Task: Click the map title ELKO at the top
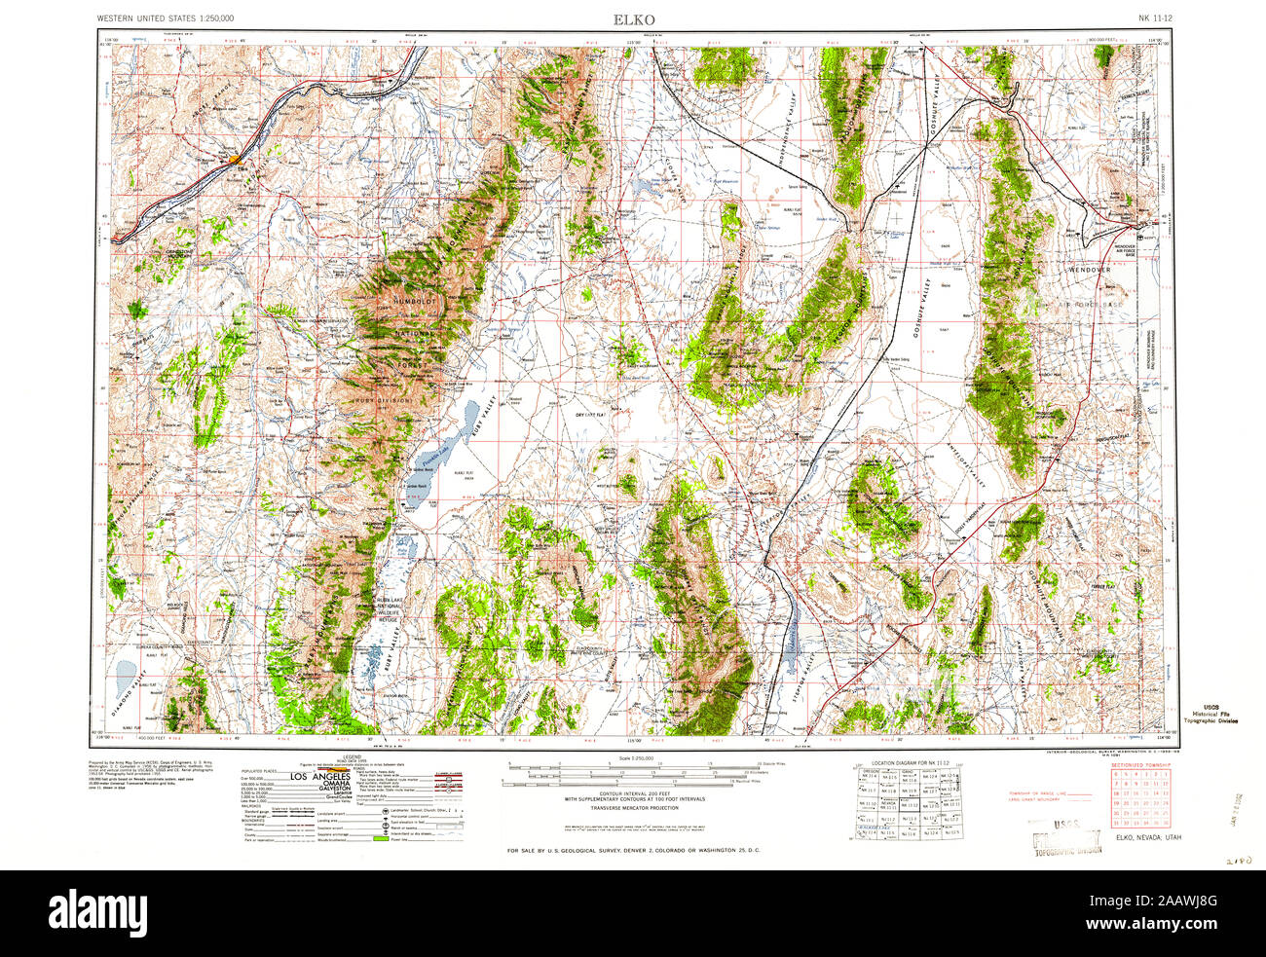tap(633, 19)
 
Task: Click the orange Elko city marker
tap(236, 159)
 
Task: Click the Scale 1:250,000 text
tap(633, 758)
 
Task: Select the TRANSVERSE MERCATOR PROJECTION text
tap(633, 808)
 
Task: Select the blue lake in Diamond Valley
tap(126, 673)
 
